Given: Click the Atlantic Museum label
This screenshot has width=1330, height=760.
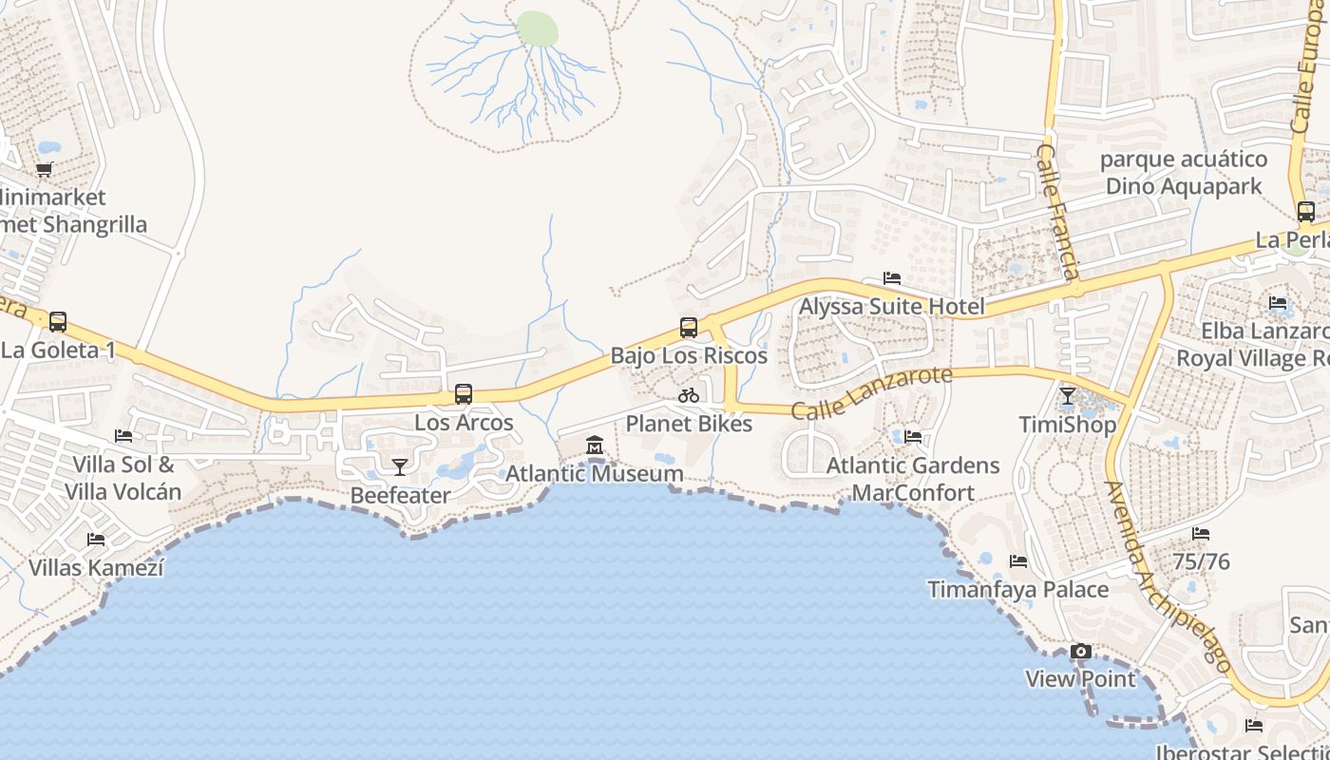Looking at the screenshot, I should coord(594,473).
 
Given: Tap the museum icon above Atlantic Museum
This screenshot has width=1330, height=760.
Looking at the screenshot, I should coord(595,445).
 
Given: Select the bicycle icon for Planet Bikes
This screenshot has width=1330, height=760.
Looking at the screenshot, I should coord(689,395).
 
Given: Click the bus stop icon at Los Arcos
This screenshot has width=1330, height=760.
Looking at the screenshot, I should coord(464,394).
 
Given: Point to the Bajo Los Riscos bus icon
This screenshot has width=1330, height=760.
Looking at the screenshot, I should coord(689,328).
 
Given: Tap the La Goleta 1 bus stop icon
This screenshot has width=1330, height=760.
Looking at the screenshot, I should coord(58,322).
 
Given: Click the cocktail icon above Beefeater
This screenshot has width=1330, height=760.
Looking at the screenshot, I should coord(400,466).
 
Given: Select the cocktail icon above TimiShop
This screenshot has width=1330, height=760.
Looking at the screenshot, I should coord(1068,395).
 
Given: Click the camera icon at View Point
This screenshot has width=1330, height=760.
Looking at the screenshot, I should coord(1080,651).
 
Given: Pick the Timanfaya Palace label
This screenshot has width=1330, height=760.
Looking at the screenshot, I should coord(1017,590).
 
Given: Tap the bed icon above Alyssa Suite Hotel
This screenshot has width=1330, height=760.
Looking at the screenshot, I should coord(892,278).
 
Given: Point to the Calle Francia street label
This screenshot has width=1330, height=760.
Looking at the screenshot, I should coord(1057,213).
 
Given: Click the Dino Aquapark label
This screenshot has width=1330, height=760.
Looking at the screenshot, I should coord(1184,186).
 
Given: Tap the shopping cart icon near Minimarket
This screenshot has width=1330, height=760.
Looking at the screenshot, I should coord(45,170).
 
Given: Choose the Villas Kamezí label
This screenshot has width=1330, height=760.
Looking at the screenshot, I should coord(96,568).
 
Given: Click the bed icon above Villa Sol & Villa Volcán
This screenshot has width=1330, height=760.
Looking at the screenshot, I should coord(123,436).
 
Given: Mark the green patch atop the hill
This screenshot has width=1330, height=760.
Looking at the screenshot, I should coord(538,28).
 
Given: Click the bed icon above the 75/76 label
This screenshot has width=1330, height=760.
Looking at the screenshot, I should coord(1201,534).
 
